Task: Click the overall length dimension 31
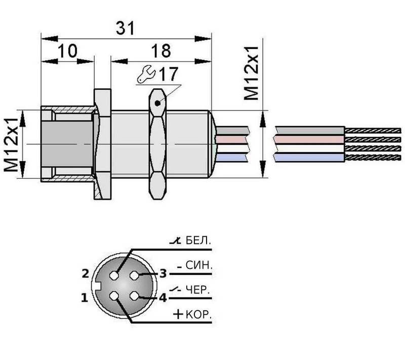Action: pos(126,29)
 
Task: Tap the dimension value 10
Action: pos(67,51)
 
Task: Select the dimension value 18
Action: pos(160,51)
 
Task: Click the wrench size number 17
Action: pos(169,75)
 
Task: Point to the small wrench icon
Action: pos(146,75)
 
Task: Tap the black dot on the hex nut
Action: pos(158,104)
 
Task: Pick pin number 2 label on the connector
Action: pos(86,274)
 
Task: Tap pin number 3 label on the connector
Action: pos(163,274)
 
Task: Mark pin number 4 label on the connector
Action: pos(163,298)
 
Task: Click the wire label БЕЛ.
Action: pos(197,240)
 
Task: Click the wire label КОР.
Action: pos(198,314)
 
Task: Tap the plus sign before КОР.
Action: pos(178,314)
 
